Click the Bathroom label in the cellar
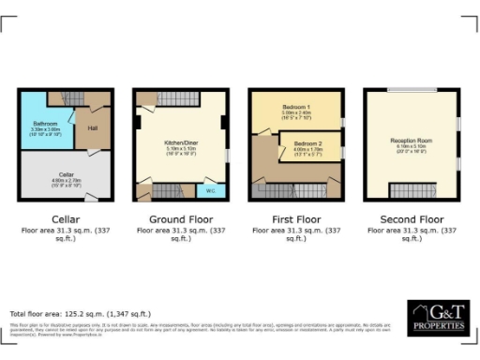46,124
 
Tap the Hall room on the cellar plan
93,129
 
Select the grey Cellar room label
65,173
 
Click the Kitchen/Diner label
178,144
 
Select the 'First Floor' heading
295,218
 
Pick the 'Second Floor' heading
411,218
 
